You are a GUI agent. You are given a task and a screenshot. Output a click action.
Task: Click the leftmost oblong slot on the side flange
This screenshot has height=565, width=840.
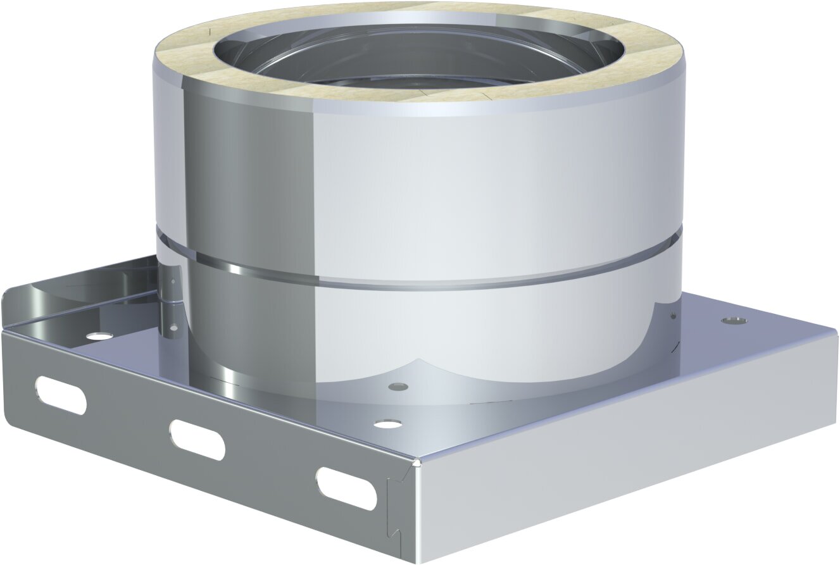click(61, 395)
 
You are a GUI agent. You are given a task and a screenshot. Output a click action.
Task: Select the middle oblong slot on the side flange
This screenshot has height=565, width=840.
click(197, 439)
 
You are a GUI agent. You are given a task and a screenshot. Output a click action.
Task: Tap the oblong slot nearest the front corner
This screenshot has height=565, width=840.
click(346, 488)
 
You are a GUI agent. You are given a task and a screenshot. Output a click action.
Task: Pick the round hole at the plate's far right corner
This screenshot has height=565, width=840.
click(734, 320)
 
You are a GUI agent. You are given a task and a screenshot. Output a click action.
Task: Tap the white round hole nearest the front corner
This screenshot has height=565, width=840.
click(387, 423)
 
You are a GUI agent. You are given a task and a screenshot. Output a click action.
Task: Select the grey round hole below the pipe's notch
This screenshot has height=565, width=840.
click(398, 385)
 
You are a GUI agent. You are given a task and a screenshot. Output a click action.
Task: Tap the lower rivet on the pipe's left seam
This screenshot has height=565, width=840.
click(173, 327)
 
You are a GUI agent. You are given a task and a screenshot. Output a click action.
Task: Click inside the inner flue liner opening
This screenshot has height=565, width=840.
click(418, 57)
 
